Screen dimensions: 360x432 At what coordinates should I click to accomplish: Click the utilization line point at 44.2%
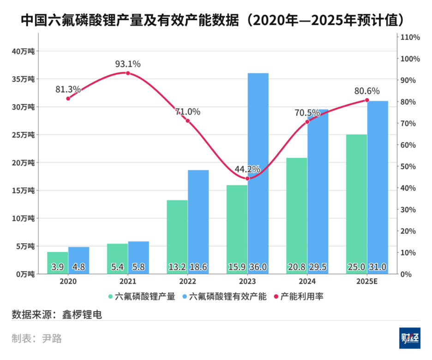pyautogui.click(x=247, y=179)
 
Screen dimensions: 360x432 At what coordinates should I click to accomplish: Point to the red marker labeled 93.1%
pyautogui.click(x=128, y=73)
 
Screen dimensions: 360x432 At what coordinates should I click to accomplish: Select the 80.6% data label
pyautogui.click(x=367, y=91)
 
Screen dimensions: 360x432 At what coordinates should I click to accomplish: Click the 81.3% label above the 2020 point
pyautogui.click(x=68, y=89)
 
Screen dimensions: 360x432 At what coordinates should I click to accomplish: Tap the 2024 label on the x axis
pyautogui.click(x=307, y=281)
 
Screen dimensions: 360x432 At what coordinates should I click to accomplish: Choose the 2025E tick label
pyautogui.click(x=367, y=281)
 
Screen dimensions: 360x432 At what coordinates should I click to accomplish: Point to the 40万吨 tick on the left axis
pyautogui.click(x=23, y=51)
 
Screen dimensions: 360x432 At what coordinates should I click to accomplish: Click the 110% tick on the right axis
pyautogui.click(x=410, y=37)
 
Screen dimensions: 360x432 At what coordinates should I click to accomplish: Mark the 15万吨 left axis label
pyautogui.click(x=23, y=190)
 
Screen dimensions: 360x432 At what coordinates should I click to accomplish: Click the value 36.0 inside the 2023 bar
pyautogui.click(x=258, y=267)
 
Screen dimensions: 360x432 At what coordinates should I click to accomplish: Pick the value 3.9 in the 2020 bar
pyautogui.click(x=57, y=267)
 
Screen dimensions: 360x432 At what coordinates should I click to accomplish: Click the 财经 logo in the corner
pyautogui.click(x=410, y=338)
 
